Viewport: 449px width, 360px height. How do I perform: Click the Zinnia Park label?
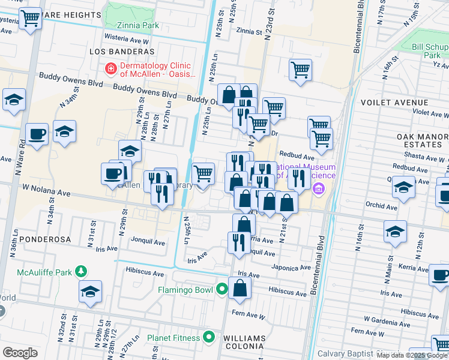click(x=139, y=26)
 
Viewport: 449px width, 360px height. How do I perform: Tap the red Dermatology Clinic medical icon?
click(x=110, y=70)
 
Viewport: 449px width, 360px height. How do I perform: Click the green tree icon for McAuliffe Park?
click(x=80, y=272)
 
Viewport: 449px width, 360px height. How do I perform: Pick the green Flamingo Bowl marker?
click(x=222, y=290)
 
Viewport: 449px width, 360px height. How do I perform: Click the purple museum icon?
click(x=319, y=190)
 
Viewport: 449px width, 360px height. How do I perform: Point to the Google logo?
click(x=20, y=352)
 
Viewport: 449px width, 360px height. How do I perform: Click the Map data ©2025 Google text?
click(x=412, y=355)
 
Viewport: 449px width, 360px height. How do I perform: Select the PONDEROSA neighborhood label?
click(x=45, y=239)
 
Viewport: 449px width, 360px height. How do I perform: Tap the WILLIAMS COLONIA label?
click(x=244, y=342)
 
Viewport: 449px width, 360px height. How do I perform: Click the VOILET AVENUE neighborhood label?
click(x=393, y=102)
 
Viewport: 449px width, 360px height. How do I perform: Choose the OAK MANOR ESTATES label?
click(x=423, y=140)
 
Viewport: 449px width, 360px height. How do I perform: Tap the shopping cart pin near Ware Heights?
click(x=30, y=19)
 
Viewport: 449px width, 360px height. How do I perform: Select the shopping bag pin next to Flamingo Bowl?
click(x=240, y=287)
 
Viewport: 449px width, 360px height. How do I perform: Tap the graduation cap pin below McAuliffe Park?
click(x=90, y=292)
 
